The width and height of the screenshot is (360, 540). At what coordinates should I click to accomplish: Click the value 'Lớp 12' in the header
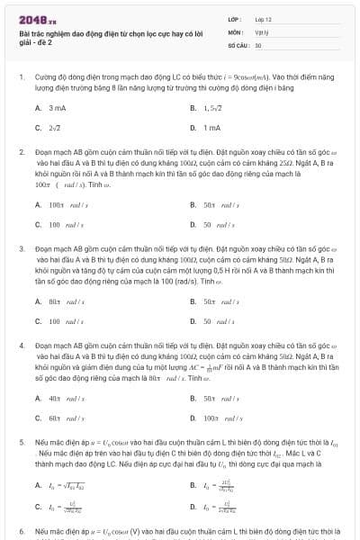click(263, 18)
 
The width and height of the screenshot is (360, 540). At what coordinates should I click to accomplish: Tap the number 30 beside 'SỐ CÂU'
click(258, 44)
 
